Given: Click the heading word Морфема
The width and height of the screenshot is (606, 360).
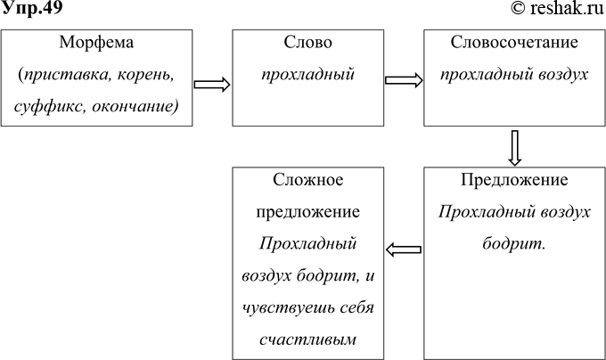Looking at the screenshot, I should click(x=97, y=43).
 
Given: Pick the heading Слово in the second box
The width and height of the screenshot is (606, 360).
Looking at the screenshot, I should click(x=307, y=43).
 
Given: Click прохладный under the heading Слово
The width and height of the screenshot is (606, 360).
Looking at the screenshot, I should click(x=307, y=75).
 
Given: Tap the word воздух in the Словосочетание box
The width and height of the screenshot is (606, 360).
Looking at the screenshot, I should click(x=559, y=75).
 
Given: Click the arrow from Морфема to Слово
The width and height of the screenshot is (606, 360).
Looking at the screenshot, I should click(x=212, y=84).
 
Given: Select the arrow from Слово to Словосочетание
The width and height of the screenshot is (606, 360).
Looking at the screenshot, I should click(x=404, y=80).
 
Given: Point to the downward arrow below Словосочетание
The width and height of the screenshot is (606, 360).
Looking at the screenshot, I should click(x=514, y=147).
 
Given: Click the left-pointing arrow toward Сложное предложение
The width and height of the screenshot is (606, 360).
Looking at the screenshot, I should click(x=405, y=250).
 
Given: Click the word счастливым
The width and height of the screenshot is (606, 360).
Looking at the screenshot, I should click(x=307, y=340).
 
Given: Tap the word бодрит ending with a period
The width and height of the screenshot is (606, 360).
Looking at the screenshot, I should click(x=514, y=243).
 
